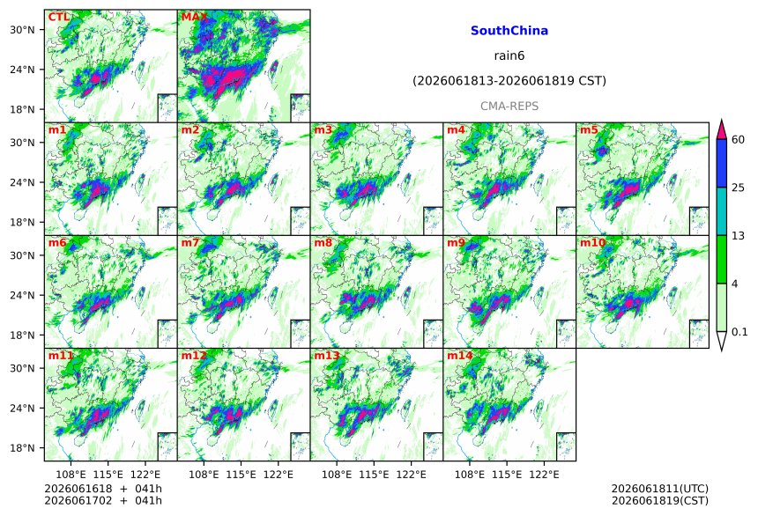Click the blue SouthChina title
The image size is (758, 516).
tap(509, 31)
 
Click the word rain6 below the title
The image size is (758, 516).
tap(509, 55)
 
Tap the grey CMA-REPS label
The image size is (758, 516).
tap(509, 107)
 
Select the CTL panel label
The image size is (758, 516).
tap(59, 18)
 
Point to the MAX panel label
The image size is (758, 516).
tap(194, 18)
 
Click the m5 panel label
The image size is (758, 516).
tap(589, 130)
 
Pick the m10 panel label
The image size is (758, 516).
tap(592, 242)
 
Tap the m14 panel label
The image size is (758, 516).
tap(460, 356)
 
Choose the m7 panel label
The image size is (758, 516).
tap(190, 242)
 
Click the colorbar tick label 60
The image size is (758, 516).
tap(739, 140)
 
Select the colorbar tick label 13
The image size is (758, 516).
tap(739, 236)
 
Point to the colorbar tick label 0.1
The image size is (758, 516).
tap(739, 332)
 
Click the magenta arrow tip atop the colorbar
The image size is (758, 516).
tap(721, 120)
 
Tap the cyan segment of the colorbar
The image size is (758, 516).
tap(721, 211)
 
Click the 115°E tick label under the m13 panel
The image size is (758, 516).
tap(374, 475)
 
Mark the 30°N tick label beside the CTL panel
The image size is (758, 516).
tap(23, 30)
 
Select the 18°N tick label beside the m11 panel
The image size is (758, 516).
tap(23, 448)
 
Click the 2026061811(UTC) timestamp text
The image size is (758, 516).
tap(660, 489)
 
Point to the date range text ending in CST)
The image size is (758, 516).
tap(509, 81)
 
